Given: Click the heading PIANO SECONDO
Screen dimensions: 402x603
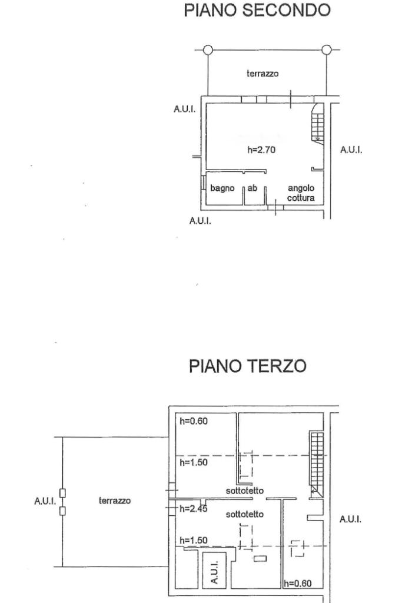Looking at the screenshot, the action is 257,11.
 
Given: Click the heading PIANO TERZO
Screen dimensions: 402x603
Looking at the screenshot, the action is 247,366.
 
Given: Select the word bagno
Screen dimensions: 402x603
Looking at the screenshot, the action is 222,188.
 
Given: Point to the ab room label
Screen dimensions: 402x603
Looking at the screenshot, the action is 252,188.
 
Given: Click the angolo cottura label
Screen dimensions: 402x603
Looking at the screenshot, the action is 301,193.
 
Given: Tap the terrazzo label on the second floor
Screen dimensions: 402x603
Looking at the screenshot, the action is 262,74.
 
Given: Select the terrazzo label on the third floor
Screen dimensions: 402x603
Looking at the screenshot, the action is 115,501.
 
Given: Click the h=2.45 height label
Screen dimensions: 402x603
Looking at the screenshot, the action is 192,509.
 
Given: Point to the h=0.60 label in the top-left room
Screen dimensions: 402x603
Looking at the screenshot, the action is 193,421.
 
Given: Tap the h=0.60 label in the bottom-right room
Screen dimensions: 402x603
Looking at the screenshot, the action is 297,584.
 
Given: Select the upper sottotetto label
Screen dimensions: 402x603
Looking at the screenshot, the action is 245,491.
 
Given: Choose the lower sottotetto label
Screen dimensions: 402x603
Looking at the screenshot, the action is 245,514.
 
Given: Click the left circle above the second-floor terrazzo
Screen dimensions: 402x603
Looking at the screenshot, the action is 208,49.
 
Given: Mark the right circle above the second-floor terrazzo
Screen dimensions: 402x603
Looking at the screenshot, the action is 328,49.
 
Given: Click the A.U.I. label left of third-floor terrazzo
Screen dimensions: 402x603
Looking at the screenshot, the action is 45,501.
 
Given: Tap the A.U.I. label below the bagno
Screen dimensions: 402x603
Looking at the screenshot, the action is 200,221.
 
